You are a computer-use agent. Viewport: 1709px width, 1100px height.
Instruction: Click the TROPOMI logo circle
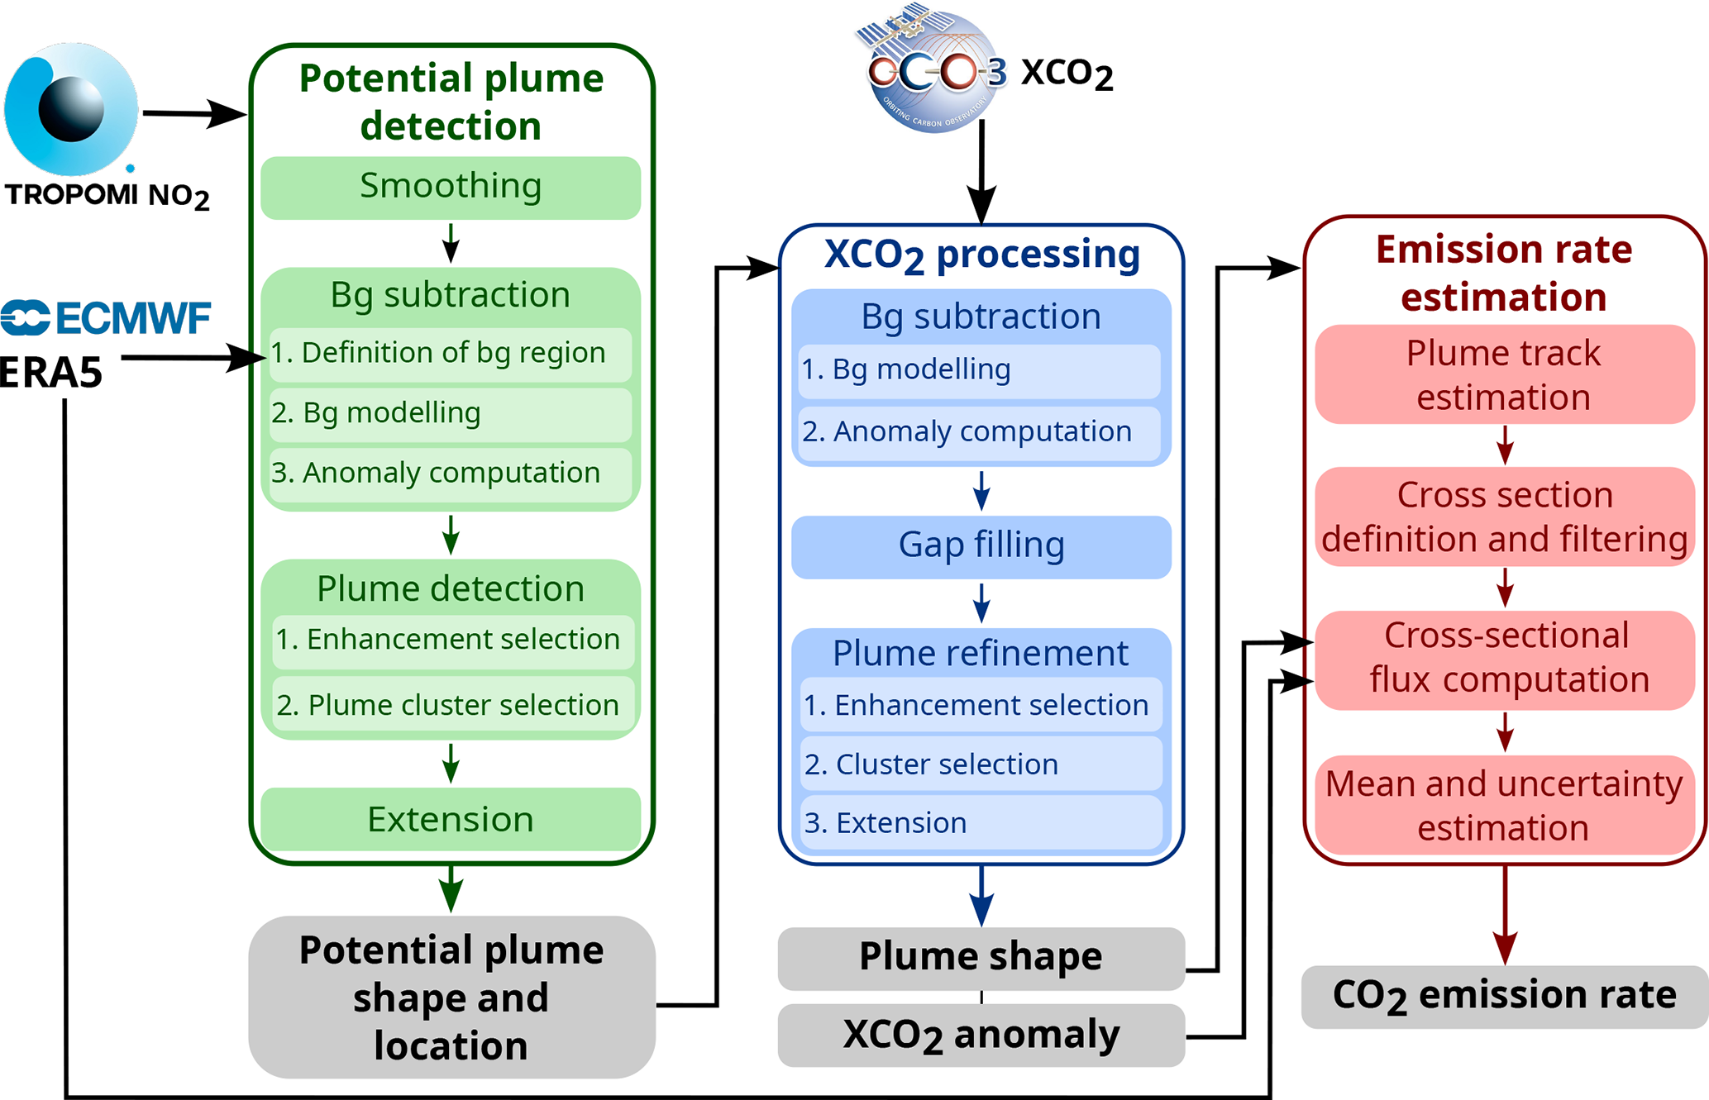[71, 109]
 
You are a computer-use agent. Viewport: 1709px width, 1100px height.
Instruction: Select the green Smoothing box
[451, 187]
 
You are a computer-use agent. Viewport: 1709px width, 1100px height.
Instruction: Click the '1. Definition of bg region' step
[451, 354]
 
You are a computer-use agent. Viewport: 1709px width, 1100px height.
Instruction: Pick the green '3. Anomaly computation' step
[451, 474]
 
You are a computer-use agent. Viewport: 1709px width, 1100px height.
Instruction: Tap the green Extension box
[451, 820]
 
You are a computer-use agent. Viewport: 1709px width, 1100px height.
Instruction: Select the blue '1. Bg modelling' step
[980, 370]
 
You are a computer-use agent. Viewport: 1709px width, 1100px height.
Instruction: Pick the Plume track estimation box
[1504, 375]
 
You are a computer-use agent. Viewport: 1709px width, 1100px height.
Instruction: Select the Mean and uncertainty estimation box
[1504, 806]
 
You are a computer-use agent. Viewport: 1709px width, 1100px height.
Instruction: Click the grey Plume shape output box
[981, 958]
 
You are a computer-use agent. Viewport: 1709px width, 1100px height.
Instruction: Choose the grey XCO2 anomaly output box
[981, 1036]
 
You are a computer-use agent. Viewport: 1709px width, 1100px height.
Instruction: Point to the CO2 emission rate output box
[1504, 996]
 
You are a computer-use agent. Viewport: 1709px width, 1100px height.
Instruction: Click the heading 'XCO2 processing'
[981, 255]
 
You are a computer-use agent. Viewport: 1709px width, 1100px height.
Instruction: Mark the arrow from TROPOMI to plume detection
[194, 113]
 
